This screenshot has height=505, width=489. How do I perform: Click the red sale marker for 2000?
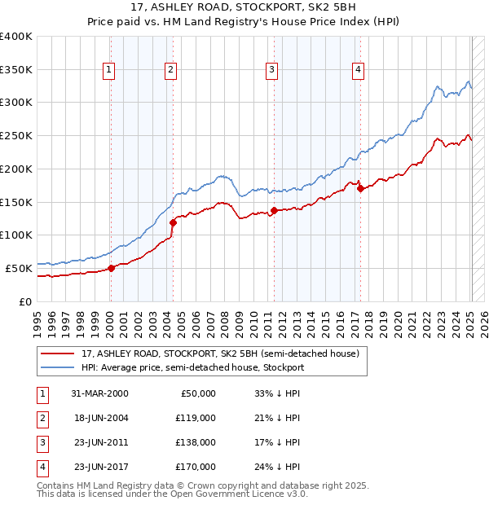tap(111, 268)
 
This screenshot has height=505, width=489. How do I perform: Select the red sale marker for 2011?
tap(274, 210)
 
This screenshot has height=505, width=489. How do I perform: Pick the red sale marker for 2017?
tap(360, 189)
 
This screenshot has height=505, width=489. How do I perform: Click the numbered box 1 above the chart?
tap(108, 71)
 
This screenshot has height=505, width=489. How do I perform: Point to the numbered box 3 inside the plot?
tap(271, 71)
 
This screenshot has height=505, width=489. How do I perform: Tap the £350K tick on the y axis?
tap(16, 70)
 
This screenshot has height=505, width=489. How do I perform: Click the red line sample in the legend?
tap(59, 353)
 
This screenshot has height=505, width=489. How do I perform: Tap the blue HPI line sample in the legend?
tap(59, 367)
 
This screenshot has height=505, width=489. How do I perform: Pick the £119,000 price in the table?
tap(195, 418)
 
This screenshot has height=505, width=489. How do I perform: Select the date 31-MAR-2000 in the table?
tap(99, 393)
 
